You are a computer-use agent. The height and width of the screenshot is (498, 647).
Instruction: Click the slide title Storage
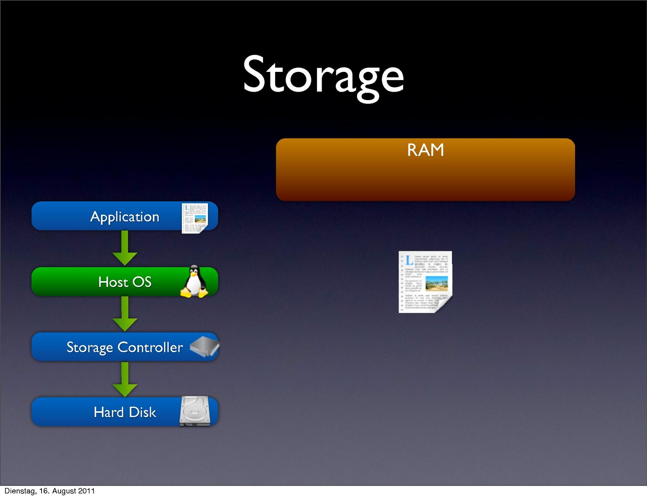[x=323, y=76]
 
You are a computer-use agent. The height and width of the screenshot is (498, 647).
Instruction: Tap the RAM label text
[x=425, y=150]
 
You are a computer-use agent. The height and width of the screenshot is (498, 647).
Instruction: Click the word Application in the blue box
[x=125, y=217]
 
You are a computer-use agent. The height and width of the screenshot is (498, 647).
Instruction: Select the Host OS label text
[x=125, y=282]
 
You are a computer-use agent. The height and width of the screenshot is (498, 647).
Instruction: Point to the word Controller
[x=150, y=347]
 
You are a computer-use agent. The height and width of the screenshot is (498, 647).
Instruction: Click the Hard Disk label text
[x=125, y=412]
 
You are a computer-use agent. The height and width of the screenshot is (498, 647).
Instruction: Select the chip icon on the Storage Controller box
[x=204, y=347]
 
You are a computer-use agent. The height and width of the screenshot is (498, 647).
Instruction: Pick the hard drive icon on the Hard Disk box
[x=195, y=411]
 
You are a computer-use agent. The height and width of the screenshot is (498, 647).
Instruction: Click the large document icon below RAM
[x=425, y=282]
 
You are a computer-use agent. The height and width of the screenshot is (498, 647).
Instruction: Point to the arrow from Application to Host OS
[x=125, y=248]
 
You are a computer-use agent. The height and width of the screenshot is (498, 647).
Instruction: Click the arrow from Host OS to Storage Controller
[x=125, y=314]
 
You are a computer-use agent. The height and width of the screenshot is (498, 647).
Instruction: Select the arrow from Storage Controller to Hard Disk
[x=125, y=379]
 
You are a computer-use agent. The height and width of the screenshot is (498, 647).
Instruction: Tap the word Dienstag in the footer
[x=19, y=491]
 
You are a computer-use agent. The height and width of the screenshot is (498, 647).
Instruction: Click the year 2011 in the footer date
[x=86, y=491]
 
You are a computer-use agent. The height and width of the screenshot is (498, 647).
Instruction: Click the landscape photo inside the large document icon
[x=436, y=283]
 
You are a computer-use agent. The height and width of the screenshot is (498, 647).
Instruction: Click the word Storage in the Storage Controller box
[x=90, y=347]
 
